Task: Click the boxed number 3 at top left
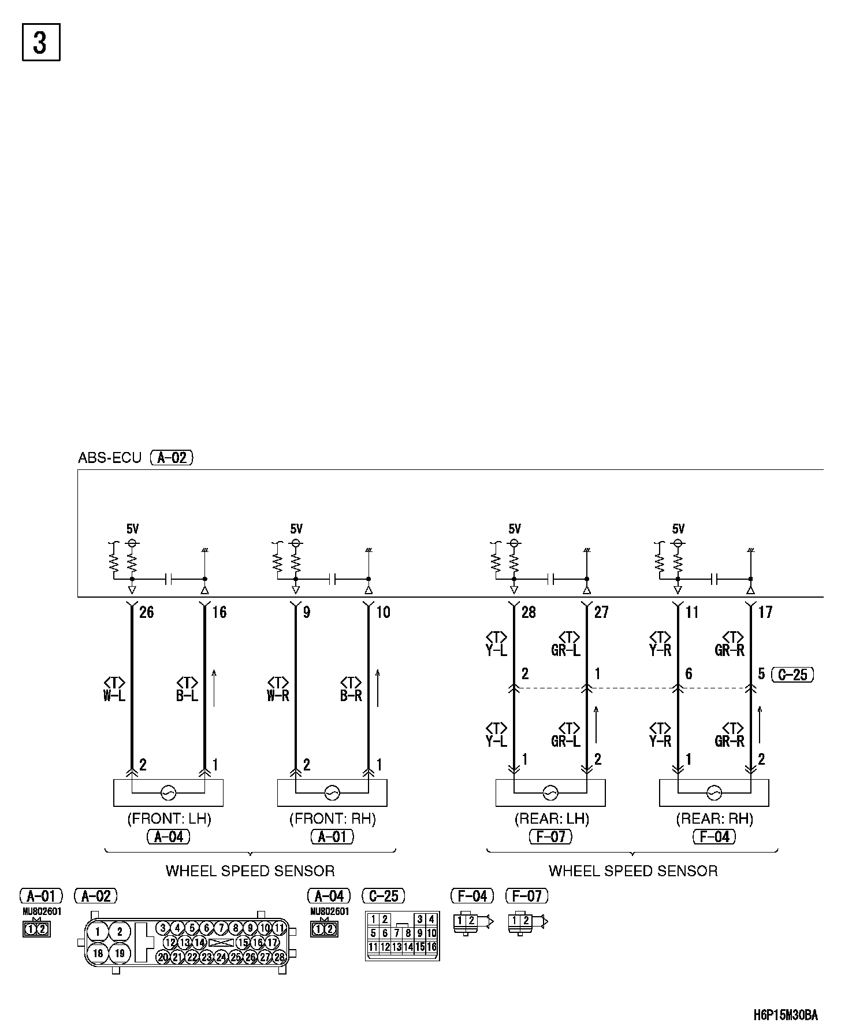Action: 41,42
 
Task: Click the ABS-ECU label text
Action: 109,458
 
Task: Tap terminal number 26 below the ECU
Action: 147,612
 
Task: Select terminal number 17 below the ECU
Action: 765,612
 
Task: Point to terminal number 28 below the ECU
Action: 529,612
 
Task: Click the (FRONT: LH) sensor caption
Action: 169,819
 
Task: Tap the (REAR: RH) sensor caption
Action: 715,819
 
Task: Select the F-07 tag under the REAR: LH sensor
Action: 551,836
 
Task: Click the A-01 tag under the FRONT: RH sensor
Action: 332,836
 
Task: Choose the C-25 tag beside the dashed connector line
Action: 792,675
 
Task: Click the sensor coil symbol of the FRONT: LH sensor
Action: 168,793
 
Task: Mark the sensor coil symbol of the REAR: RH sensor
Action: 714,793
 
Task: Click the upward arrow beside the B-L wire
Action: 214,688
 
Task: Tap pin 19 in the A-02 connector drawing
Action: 120,953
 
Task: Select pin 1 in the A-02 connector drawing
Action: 98,932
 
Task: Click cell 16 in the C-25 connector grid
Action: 431,947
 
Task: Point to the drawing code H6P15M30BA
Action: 786,1015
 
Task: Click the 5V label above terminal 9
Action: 296,529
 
